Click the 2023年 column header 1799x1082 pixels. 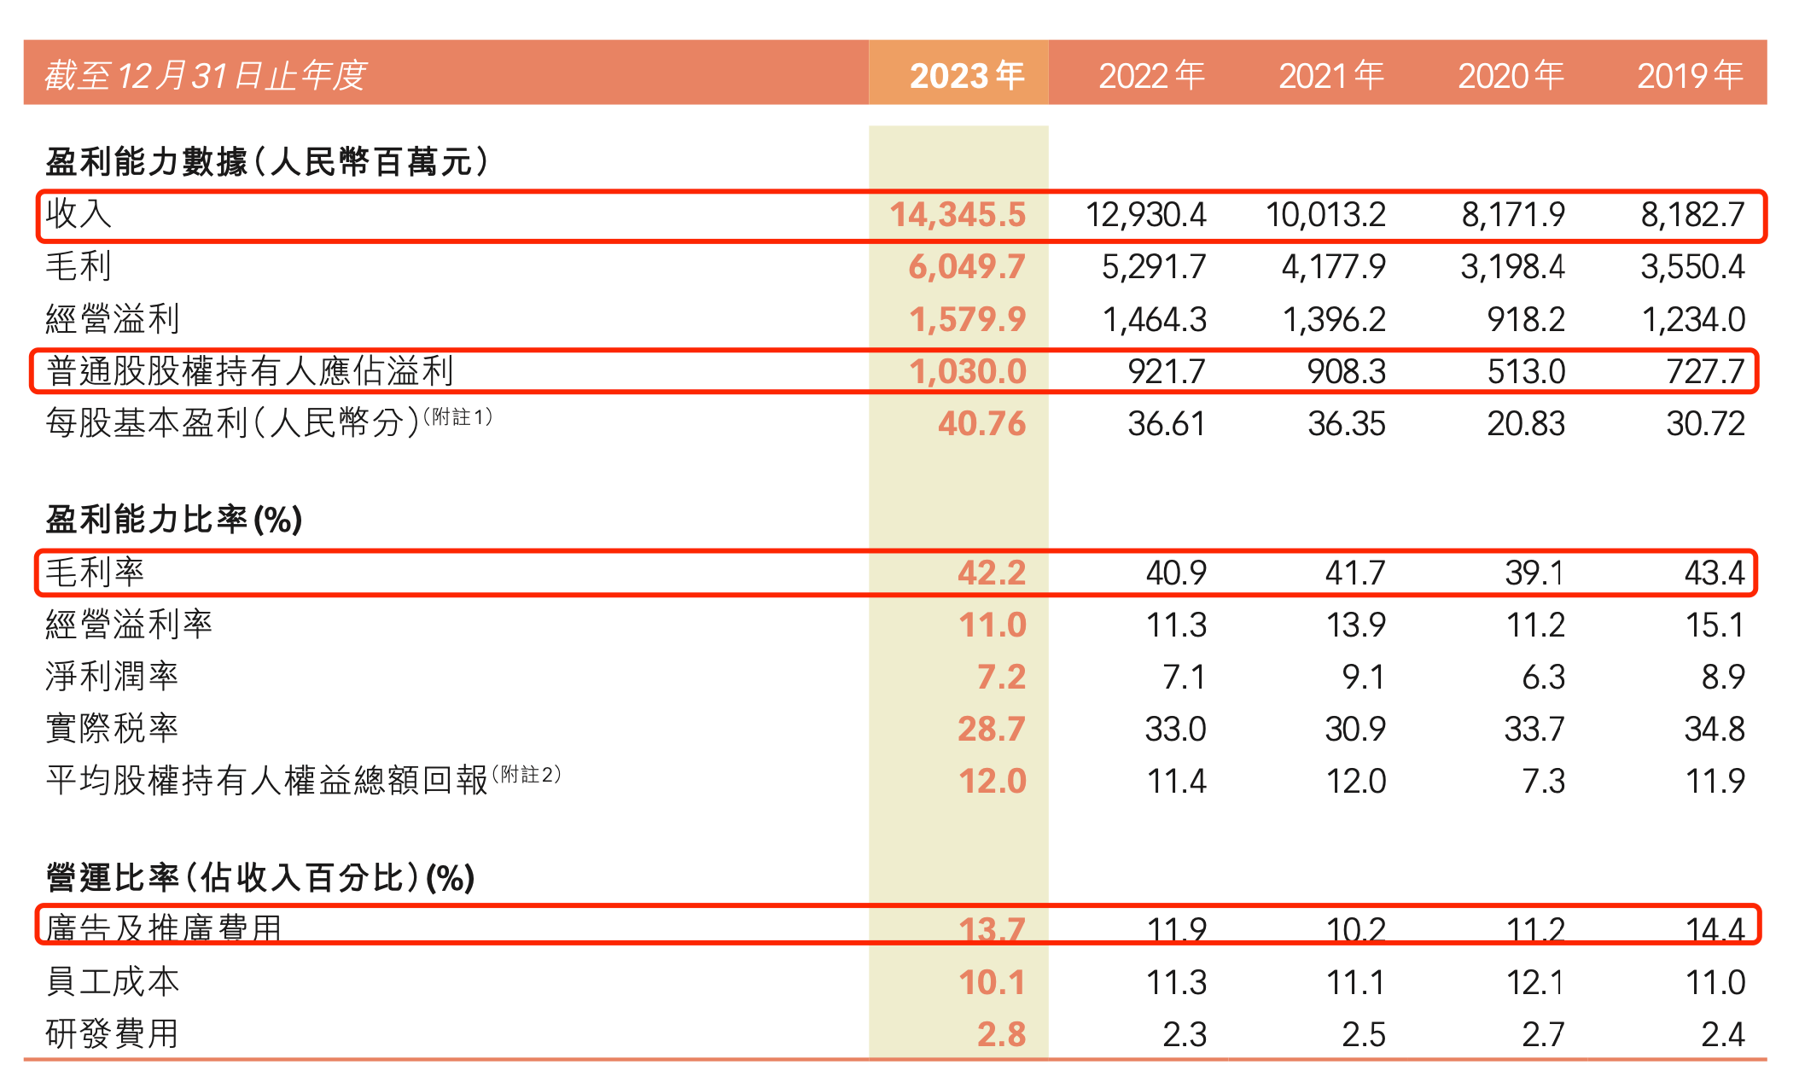(966, 75)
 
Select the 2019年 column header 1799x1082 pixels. (1689, 75)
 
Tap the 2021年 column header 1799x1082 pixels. (1330, 75)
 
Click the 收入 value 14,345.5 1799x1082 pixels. (958, 214)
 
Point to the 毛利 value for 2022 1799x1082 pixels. (1153, 266)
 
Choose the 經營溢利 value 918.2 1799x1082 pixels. (1525, 319)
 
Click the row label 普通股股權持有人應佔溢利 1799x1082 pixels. (249, 371)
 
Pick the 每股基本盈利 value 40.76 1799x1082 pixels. (981, 423)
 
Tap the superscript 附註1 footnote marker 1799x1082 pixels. (457, 416)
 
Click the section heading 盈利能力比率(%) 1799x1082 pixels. (174, 519)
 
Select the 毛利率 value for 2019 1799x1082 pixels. (1714, 573)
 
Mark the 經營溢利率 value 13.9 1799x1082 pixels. (1355, 625)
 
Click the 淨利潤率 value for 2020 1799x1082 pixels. (1543, 677)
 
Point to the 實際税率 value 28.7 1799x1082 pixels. (991, 729)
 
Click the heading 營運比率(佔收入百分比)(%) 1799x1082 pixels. (260, 877)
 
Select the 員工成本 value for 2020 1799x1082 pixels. (1534, 982)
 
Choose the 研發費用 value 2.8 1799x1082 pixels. (1000, 1034)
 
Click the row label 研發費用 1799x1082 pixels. (112, 1034)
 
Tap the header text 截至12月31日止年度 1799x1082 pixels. (205, 75)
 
